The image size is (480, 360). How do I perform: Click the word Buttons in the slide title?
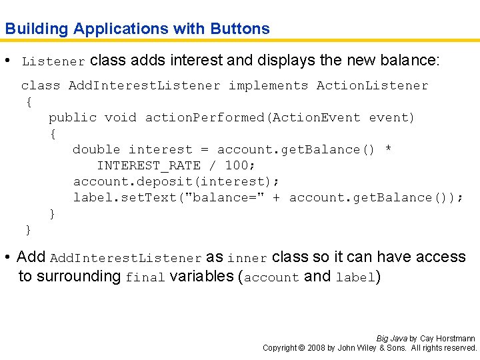point(240,29)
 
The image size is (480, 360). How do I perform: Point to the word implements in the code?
point(268,85)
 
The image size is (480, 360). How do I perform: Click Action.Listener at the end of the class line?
point(372,85)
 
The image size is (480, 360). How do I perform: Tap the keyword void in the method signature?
point(120,117)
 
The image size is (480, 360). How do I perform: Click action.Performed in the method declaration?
point(205,117)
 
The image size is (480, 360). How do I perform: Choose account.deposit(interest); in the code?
point(177,181)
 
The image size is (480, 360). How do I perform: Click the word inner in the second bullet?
point(247,258)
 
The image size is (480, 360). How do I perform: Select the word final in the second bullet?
point(145,277)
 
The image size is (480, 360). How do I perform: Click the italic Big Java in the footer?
point(391,339)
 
